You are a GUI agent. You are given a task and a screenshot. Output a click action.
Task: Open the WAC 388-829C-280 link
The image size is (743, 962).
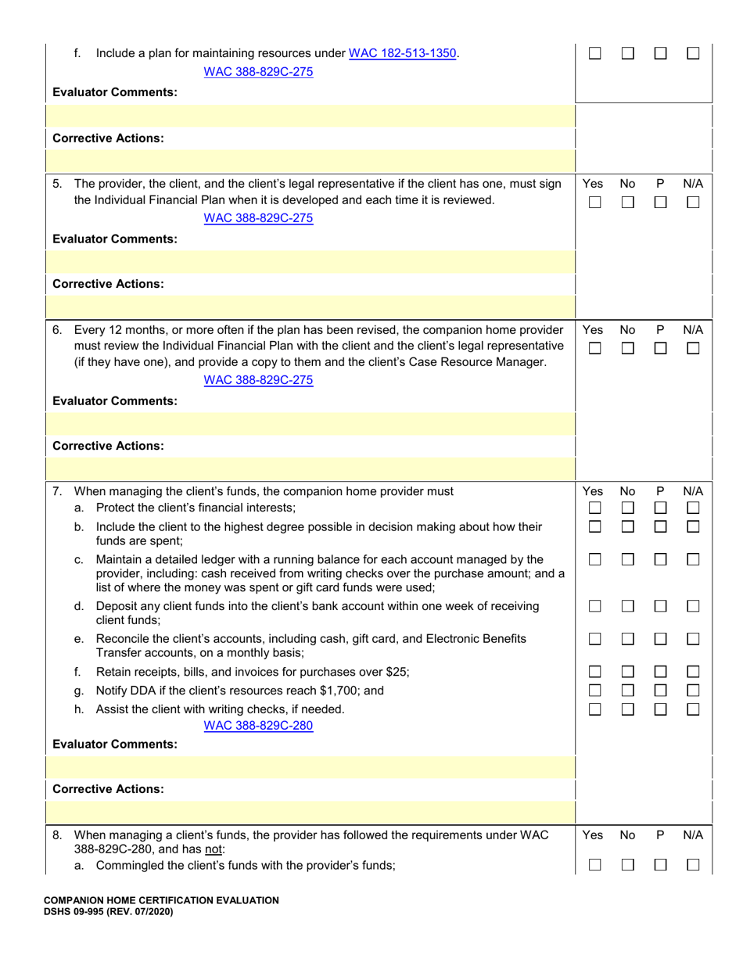pyautogui.click(x=258, y=725)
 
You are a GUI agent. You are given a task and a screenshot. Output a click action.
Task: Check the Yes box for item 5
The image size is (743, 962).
pyautogui.click(x=594, y=203)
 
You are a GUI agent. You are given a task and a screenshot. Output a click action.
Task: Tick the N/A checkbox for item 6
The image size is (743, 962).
pyautogui.click(x=693, y=349)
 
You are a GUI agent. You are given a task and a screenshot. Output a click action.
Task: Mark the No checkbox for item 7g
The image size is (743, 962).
pyautogui.click(x=627, y=691)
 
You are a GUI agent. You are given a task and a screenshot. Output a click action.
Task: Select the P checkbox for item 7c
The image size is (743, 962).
pyautogui.click(x=660, y=559)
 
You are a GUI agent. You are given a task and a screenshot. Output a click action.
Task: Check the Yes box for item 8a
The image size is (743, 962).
pyautogui.click(x=594, y=865)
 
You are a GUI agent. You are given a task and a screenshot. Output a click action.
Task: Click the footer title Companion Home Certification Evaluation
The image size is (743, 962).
pyautogui.click(x=161, y=900)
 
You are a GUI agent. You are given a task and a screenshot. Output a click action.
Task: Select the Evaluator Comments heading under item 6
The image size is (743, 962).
pyautogui.click(x=115, y=400)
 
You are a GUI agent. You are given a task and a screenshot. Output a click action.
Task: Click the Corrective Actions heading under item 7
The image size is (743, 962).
pyautogui.click(x=108, y=788)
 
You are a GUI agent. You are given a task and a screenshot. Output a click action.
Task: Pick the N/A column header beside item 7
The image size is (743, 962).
pyautogui.click(x=693, y=491)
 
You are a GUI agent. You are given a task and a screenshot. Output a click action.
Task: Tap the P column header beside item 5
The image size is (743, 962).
pyautogui.click(x=660, y=184)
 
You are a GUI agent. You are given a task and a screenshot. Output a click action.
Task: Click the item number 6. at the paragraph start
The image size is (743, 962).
pyautogui.click(x=58, y=330)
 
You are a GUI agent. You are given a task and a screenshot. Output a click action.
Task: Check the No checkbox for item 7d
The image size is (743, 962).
pyautogui.click(x=627, y=606)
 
